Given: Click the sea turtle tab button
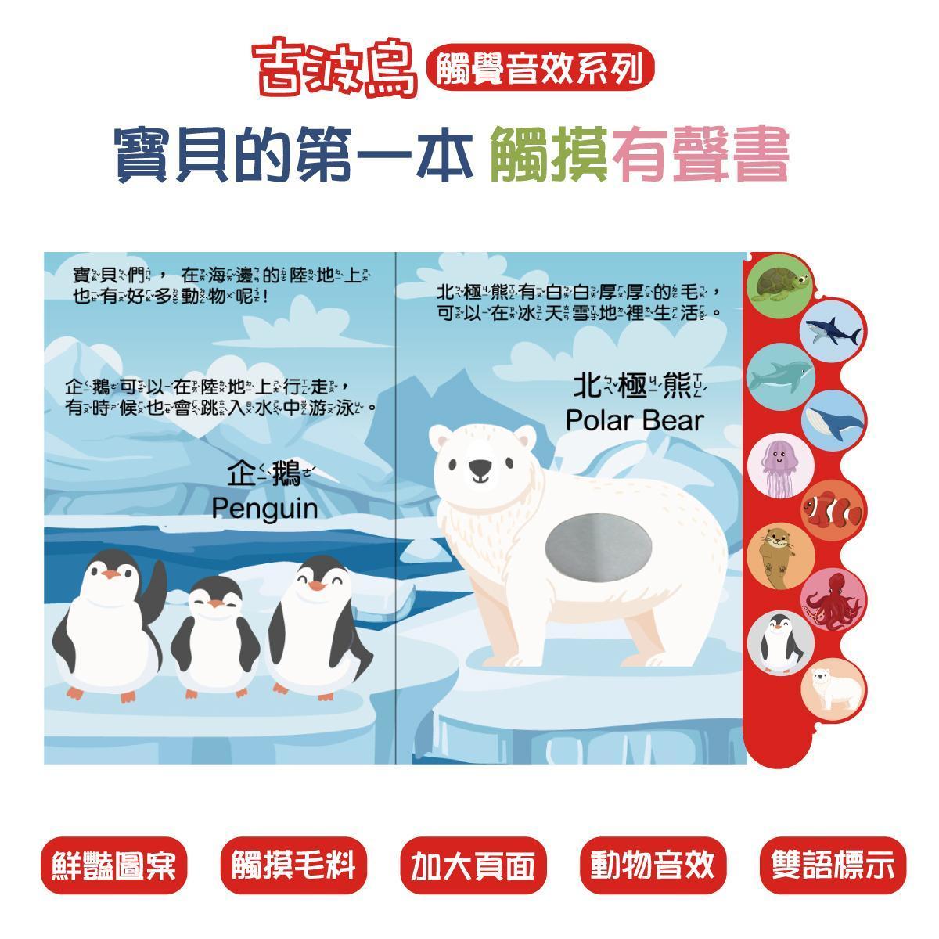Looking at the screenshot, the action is coord(781,283).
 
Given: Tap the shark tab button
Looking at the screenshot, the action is coord(833,331).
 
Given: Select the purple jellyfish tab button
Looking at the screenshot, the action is coord(781,466).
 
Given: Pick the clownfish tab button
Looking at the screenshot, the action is coord(833,511).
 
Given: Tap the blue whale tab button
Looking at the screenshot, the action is coord(833,420).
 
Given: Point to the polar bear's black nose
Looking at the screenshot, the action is coord(480,467).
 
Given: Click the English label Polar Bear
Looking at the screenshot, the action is coord(635,420).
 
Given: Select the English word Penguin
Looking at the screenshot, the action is coord(264,509).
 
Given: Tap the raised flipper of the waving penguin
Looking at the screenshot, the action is coord(156,588).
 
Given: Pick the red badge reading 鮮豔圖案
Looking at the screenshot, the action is coord(114,865).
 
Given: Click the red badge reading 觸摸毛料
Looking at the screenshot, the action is coord(294,865).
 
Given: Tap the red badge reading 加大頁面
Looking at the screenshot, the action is coord(473,865).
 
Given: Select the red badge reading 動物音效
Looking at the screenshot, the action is coord(653,865).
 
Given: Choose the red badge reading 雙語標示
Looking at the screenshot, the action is coord(833,865).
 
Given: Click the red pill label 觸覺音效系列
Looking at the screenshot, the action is coord(539,67).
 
